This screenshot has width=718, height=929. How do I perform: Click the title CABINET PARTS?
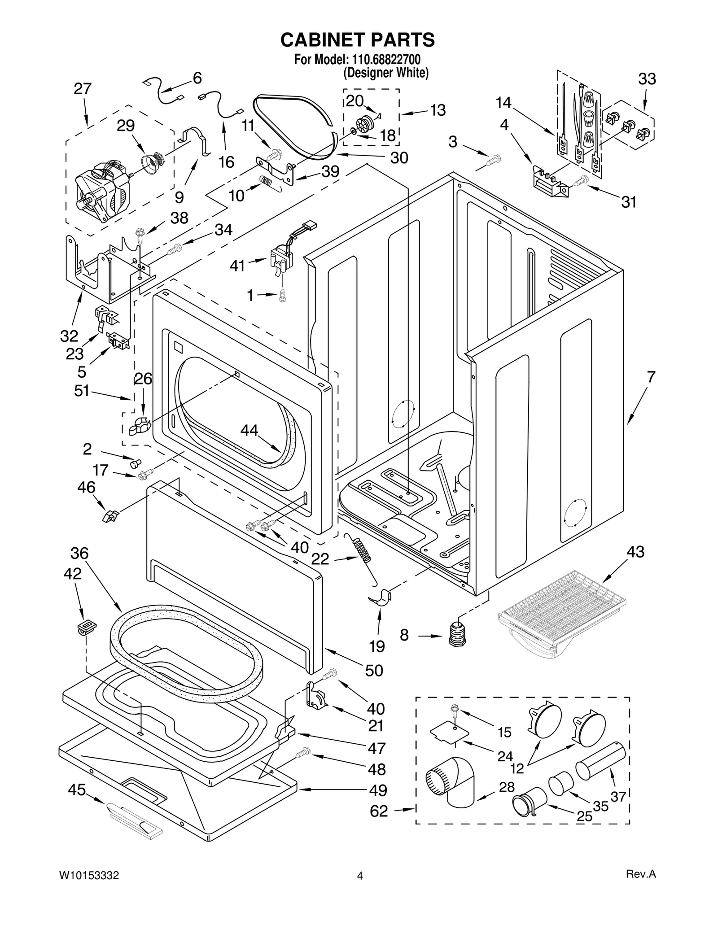pos(357,40)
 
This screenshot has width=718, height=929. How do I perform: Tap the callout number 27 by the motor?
pos(83,89)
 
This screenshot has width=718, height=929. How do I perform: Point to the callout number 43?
pos(635,551)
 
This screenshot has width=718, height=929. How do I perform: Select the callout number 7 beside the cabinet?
pos(650,376)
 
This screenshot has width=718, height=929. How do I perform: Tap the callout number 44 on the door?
pos(249,430)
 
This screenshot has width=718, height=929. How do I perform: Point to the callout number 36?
pos(79,553)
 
